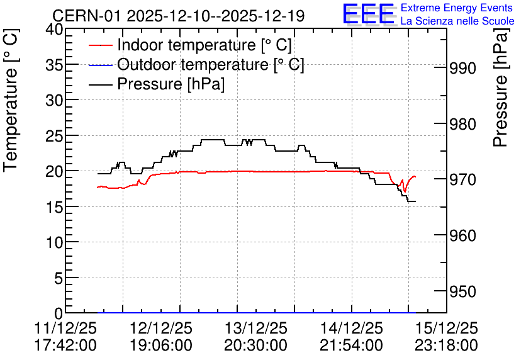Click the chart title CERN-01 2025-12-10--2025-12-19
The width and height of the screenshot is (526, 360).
pos(179,16)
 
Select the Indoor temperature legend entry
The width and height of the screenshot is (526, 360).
pos(190,45)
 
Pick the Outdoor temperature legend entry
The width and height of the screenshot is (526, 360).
pos(196,64)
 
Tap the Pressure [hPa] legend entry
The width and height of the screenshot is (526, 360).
pos(157,84)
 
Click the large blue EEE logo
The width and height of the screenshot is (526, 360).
pos(368,14)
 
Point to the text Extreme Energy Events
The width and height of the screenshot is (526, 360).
pos(457,8)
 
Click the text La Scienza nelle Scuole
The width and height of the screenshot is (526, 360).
pos(457,21)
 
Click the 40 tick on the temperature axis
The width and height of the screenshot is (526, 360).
pos(54,30)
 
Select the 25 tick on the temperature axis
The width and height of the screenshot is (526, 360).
pos(54,135)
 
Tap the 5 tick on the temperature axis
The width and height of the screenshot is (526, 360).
pos(59,278)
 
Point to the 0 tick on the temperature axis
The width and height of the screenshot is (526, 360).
pos(59,313)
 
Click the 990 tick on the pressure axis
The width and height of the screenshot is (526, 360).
pos(462,69)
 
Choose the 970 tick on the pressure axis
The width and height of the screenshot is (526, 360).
pos(462,180)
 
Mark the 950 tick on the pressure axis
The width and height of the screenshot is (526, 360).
pos(462,291)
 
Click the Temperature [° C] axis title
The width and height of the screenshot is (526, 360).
pos(11,100)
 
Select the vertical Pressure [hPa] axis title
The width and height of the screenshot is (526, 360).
pos(501,87)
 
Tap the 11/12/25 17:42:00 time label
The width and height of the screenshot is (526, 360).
pos(65,337)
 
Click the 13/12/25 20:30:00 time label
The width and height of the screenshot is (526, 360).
pos(255,337)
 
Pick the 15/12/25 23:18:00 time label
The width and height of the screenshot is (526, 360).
pos(446,337)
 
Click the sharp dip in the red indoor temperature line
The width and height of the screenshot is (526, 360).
pos(405,191)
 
